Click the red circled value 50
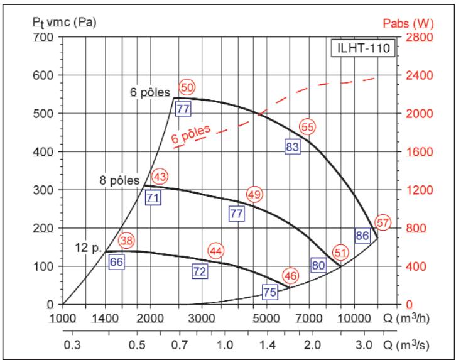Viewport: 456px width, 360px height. click(187, 87)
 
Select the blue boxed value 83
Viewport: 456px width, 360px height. click(292, 146)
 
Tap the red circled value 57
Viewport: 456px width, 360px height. click(383, 222)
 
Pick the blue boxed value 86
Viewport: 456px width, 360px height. click(362, 236)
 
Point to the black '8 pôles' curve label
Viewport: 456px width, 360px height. click(119, 180)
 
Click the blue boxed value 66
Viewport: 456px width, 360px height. click(116, 261)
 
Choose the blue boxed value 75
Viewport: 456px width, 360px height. click(269, 292)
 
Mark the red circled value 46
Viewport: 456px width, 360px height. click(290, 275)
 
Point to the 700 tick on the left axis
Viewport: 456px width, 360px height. click(45, 37)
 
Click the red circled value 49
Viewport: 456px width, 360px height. click(254, 193)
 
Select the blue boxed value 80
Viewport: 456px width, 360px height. click(318, 265)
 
